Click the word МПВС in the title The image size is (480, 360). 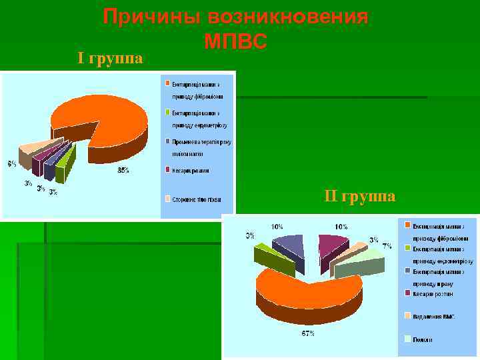click(235, 42)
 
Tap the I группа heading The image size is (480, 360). click(110, 59)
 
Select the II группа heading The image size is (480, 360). click(360, 196)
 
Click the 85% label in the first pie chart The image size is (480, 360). click(123, 171)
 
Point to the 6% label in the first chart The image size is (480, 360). click(12, 163)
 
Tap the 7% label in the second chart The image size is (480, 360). click(387, 246)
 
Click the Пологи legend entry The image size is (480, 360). click(422, 339)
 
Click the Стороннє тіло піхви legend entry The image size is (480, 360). click(196, 199)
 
